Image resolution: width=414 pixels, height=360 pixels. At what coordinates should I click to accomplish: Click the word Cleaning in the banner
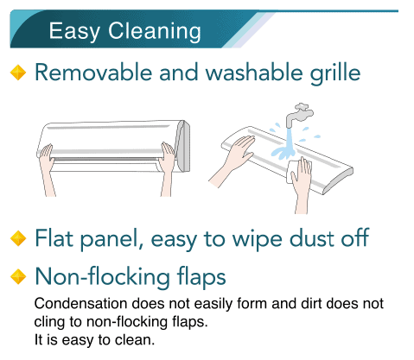point(154,32)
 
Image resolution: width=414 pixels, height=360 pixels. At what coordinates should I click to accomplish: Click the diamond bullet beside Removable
point(18,73)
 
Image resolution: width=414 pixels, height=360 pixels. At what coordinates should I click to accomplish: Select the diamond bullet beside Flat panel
point(18,238)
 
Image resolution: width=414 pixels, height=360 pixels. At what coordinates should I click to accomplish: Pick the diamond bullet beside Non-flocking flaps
point(18,276)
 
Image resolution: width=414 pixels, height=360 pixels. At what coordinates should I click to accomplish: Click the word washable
point(254,72)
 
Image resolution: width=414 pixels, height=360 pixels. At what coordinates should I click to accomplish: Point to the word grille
point(335,73)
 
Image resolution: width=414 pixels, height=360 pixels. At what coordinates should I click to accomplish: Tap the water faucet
point(299,114)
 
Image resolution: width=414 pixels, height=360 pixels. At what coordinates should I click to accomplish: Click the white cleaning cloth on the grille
point(298,172)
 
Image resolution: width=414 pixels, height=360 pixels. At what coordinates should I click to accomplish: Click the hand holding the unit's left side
point(47,169)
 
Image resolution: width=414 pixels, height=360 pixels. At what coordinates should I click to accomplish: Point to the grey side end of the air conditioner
point(183,146)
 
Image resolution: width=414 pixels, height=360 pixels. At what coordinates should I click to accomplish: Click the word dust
point(312,238)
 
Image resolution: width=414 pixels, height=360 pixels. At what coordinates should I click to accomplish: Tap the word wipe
point(258,240)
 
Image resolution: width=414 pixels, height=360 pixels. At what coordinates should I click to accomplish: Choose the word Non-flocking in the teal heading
point(102,276)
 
